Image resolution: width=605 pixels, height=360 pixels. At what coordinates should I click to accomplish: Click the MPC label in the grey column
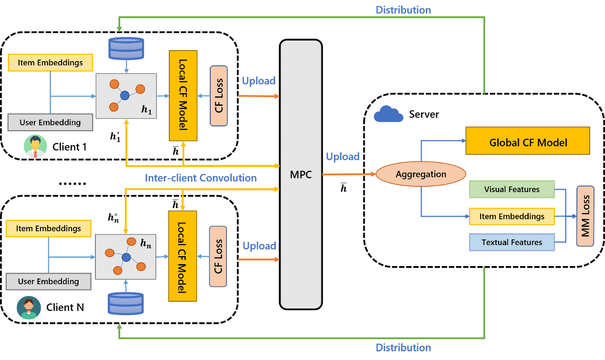[300, 175]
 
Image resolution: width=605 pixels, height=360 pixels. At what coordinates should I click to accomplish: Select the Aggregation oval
[420, 175]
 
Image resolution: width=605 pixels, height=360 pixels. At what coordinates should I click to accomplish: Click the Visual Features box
[512, 189]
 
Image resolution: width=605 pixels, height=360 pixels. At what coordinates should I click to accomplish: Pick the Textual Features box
[512, 242]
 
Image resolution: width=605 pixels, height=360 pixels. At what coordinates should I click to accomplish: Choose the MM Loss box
[585, 216]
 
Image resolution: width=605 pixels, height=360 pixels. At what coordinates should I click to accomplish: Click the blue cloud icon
[389, 114]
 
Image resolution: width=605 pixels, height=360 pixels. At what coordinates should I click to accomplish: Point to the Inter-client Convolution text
[201, 178]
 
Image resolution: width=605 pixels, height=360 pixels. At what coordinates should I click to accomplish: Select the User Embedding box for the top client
[50, 123]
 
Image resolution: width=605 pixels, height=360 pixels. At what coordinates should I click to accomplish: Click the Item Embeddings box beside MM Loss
[512, 216]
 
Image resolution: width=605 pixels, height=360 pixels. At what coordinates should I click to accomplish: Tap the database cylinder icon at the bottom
[126, 304]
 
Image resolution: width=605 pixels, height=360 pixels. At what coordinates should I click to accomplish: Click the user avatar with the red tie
[35, 146]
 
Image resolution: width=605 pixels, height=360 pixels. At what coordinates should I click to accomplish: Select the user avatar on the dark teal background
[29, 308]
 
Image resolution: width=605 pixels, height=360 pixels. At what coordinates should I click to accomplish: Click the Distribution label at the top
[403, 10]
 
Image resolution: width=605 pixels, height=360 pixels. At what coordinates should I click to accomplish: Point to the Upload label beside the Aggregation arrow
[343, 156]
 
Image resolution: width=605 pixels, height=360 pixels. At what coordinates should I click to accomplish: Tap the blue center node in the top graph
[125, 95]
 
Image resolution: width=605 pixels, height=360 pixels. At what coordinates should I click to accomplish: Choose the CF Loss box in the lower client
[218, 257]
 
